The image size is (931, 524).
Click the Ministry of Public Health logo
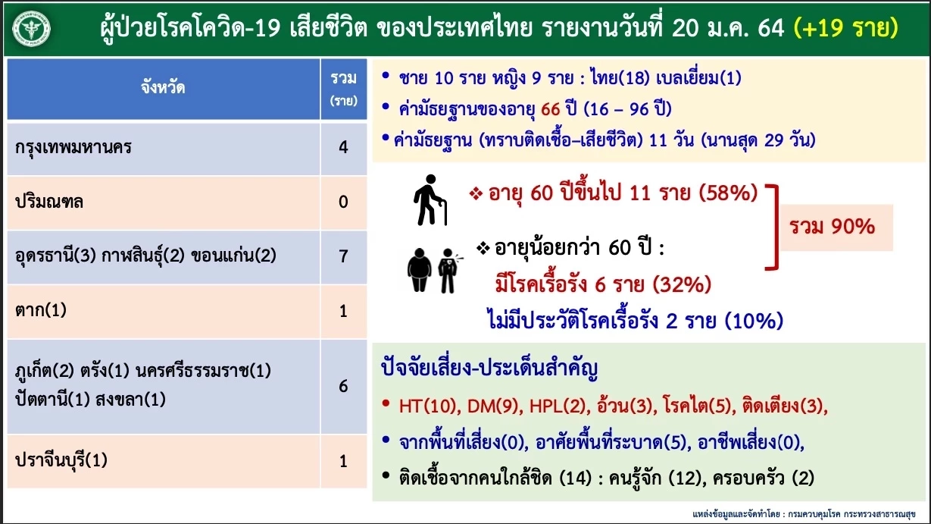pyautogui.click(x=31, y=29)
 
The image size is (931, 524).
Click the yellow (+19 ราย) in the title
pyautogui.click(x=845, y=28)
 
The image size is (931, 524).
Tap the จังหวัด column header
pyautogui.click(x=162, y=88)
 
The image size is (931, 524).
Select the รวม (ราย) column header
pyautogui.click(x=343, y=88)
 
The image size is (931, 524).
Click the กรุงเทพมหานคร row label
pyautogui.click(x=73, y=147)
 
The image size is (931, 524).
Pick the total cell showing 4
pyautogui.click(x=343, y=147)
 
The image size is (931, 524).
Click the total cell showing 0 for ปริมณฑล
pyautogui.click(x=343, y=202)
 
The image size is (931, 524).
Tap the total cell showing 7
pyautogui.click(x=343, y=256)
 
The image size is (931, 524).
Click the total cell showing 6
pyautogui.click(x=343, y=385)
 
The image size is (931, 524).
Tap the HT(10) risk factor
pyautogui.click(x=426, y=406)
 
